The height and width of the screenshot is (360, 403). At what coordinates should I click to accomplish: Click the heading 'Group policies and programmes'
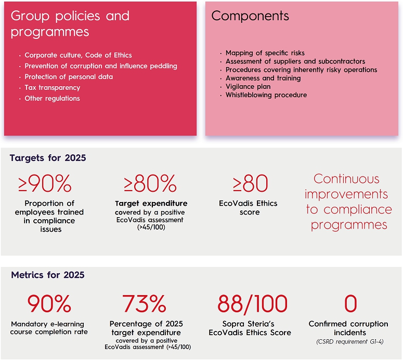coord(70,23)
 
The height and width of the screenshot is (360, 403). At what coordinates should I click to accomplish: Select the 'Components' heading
coord(250,16)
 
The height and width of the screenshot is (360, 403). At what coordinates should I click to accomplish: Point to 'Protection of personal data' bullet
coord(69,77)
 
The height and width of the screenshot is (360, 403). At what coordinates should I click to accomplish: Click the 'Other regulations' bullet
coord(52,98)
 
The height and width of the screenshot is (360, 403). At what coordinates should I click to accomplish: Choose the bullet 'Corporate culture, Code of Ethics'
coord(78,55)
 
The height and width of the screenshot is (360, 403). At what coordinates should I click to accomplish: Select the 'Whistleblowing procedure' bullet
coord(266,95)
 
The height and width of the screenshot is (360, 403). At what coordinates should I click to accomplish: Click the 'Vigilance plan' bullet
coord(248,87)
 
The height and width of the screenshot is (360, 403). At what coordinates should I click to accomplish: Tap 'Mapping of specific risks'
coord(265,53)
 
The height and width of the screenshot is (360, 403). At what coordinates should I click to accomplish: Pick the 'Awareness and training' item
coord(263,78)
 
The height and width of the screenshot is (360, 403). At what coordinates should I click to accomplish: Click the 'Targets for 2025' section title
coord(48,158)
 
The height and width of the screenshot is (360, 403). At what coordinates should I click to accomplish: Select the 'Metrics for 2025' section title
coord(47,275)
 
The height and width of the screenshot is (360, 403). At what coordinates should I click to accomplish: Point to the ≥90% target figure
coord(45,184)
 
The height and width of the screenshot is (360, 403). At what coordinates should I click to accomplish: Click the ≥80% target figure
coord(150,184)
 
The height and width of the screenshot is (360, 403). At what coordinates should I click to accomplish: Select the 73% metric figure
coord(145,303)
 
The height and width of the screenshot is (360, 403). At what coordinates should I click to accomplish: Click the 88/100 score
coord(252,303)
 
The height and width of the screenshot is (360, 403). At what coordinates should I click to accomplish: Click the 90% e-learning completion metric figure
coord(50,303)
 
